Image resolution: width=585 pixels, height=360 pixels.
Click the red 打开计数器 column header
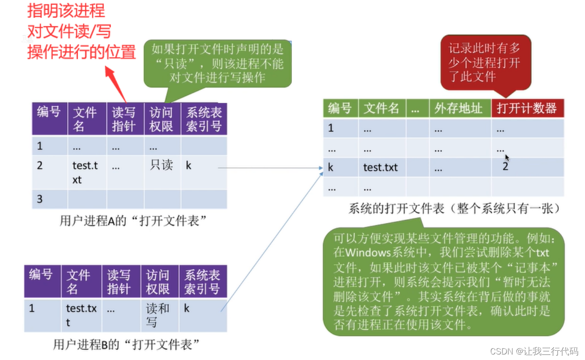coord(526,109)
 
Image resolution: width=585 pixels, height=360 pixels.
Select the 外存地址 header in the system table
coord(458,109)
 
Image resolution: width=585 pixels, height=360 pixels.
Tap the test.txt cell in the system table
coord(380,168)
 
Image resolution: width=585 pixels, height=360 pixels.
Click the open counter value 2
coord(505,167)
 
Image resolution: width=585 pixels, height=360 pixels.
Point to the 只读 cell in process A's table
coord(161,165)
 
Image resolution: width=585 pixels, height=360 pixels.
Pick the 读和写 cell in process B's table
coord(158,315)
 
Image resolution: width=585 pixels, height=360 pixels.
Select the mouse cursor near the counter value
coord(507,157)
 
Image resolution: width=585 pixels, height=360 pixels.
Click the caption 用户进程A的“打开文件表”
coord(132,221)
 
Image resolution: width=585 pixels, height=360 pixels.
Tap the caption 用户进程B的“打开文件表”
coord(126,344)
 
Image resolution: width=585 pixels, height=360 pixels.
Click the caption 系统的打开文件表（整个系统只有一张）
coord(454,209)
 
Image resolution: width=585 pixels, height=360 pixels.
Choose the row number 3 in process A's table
coord(40,199)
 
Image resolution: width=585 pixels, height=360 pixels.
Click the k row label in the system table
coord(330,168)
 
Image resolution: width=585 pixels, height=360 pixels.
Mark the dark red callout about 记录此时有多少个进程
coord(485,63)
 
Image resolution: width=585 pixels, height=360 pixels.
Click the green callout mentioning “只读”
coord(217,63)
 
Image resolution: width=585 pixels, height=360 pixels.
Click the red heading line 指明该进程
coord(66,11)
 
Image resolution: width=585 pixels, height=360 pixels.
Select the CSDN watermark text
coord(534,351)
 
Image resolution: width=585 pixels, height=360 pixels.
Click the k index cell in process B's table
coord(187,308)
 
